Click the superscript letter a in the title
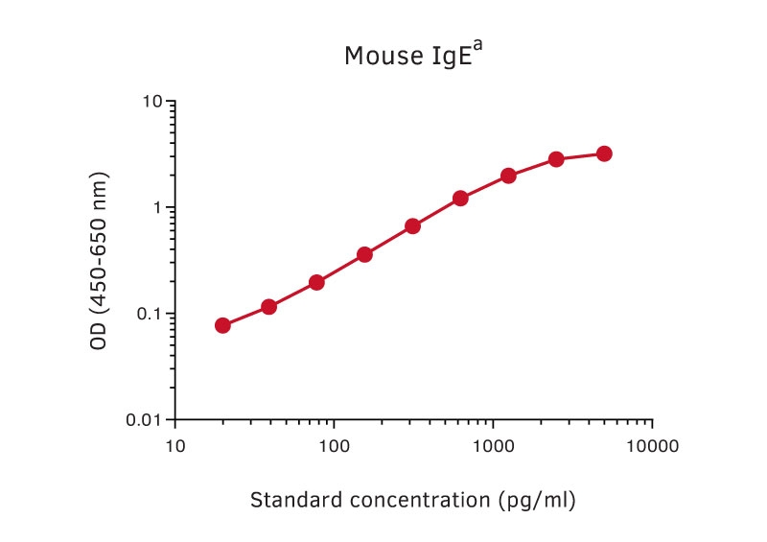[477, 46]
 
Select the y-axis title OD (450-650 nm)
[99, 261]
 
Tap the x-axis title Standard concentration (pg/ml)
[413, 500]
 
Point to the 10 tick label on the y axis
[151, 102]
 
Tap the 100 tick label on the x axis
[334, 446]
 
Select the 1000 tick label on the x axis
[493, 446]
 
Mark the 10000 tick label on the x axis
[652, 446]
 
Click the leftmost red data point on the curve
[222, 325]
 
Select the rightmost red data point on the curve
[604, 153]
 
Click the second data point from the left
[268, 307]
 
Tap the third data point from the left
[316, 282]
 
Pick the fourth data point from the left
[364, 254]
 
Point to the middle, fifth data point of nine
[412, 226]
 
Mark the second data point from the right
[556, 159]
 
